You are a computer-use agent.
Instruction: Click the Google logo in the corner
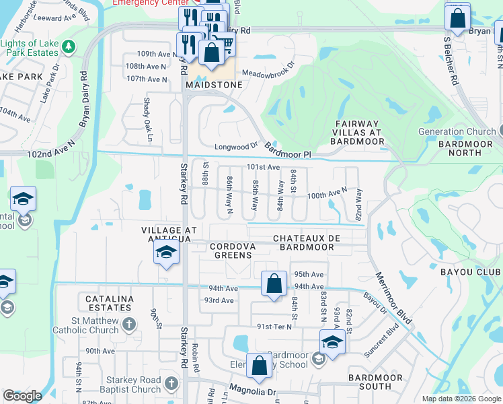pos(22,396)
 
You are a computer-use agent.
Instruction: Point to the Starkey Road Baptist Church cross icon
pos(171,384)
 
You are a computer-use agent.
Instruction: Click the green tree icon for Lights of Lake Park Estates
pos(68,46)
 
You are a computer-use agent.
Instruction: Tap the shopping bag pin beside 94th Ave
pos(274,285)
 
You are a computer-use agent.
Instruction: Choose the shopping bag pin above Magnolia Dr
pos(259,367)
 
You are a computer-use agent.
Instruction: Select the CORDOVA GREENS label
pos(233,251)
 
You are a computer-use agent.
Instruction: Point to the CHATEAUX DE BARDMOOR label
pos(303,242)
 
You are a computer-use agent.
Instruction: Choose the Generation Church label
pos(457,131)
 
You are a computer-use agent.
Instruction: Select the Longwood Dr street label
pos(236,145)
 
